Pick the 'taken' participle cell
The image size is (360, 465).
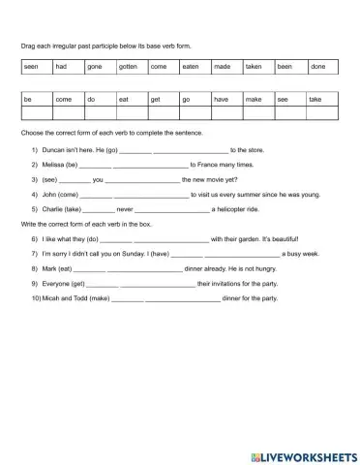click(257, 67)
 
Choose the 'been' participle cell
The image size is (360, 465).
click(289, 67)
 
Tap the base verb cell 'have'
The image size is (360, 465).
click(225, 99)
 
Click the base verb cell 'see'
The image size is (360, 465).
click(289, 99)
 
